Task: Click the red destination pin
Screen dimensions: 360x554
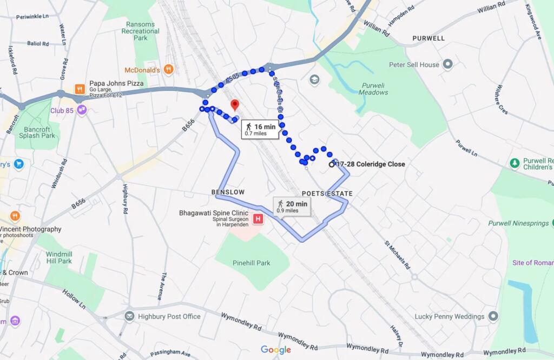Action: (234, 104)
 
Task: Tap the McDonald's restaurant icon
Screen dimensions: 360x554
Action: (169, 69)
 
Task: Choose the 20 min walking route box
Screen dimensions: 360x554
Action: (292, 206)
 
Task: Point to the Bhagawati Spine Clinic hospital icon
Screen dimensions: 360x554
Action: (259, 219)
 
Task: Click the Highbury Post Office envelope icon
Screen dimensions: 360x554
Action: (129, 316)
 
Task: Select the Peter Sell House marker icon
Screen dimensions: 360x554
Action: (447, 65)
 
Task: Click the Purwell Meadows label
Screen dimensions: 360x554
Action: (373, 89)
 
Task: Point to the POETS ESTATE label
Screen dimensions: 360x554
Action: (327, 194)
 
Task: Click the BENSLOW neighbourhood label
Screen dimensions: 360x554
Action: (228, 192)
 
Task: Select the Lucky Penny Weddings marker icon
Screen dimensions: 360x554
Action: (493, 316)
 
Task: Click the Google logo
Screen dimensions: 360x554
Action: (276, 350)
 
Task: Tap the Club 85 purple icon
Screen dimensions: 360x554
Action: (82, 110)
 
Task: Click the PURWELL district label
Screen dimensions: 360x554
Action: (428, 38)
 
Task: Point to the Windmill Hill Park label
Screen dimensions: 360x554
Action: (59, 257)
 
